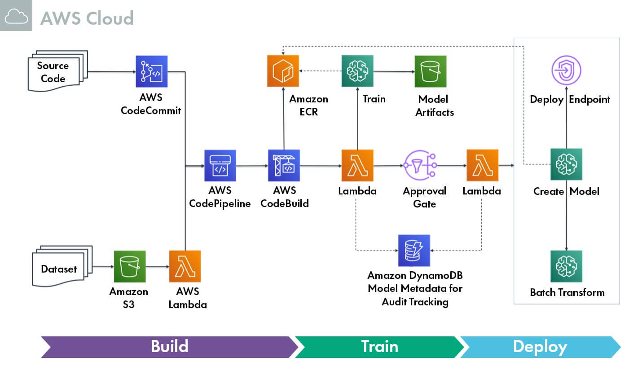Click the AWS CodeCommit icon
point(152,71)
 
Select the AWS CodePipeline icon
point(220,165)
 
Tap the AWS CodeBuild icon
point(284,165)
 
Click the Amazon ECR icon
point(283,71)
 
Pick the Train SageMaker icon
point(357,71)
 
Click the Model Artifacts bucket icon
point(431,71)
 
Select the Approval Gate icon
point(421,165)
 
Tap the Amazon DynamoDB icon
point(414,250)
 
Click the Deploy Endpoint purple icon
point(566,71)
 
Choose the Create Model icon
point(566,164)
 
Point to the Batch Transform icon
point(566,266)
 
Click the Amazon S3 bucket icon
point(130,266)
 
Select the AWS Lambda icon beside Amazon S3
point(185,266)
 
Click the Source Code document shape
point(55,72)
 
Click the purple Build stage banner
point(169,347)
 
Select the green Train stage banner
point(379,347)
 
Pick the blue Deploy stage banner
point(540,347)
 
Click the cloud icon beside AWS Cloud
point(16,17)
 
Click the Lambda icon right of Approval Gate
point(482,165)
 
